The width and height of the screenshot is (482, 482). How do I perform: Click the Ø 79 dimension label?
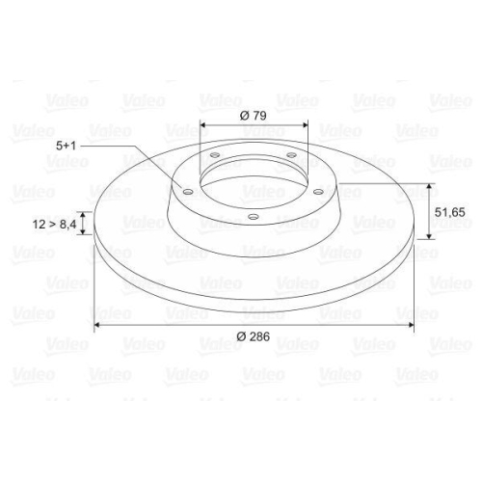click(x=252, y=115)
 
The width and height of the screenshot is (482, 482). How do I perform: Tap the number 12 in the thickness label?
click(x=39, y=224)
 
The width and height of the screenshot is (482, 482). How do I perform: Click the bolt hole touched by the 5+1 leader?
click(x=188, y=191)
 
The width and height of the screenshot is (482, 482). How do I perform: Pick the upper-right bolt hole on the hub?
click(x=289, y=155)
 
